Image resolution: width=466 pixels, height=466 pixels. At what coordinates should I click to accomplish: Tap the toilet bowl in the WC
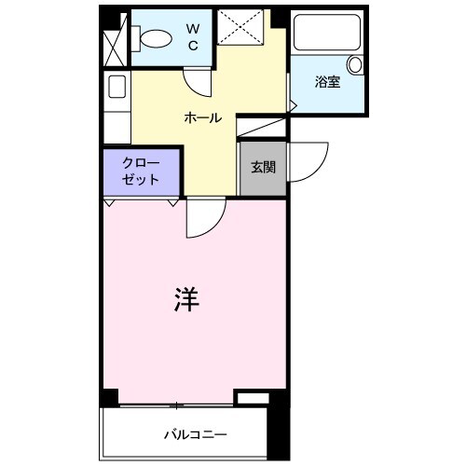[155, 38]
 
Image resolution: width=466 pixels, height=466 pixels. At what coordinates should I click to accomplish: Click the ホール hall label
[202, 118]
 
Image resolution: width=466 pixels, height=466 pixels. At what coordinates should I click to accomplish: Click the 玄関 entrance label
[261, 168]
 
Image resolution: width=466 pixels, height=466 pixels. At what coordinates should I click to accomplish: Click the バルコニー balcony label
[196, 434]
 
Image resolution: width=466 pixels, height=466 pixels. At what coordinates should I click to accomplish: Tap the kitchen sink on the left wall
[117, 87]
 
